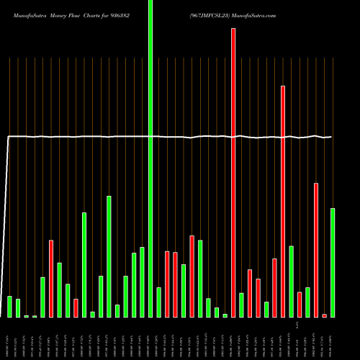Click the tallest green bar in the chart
(150, 158)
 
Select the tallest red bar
(233, 173)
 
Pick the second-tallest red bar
(283, 202)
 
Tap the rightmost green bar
(333, 263)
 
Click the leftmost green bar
(9, 307)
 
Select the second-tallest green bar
(109, 256)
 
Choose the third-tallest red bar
(316, 250)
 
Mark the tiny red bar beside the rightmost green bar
(324, 315)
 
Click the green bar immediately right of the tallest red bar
(241, 305)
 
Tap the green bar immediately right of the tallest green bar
(159, 302)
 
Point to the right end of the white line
(331, 137)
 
